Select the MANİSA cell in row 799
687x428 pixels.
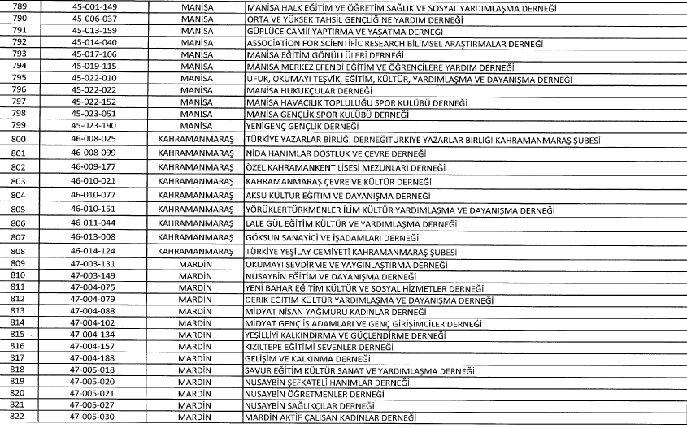[x=193, y=127]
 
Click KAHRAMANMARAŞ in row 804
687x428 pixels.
[x=193, y=196]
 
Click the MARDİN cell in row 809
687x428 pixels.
[x=193, y=265]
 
